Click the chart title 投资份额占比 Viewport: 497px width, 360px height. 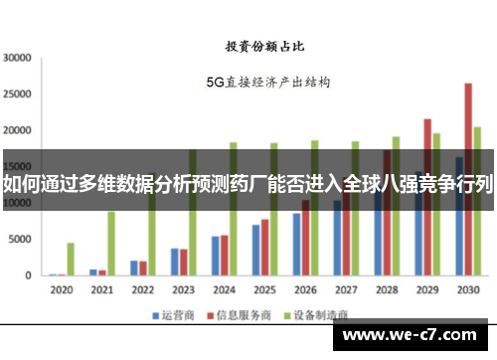(263, 46)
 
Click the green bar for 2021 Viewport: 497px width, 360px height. (111, 243)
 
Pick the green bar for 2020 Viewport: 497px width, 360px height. (71, 259)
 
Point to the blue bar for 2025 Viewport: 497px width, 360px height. (255, 250)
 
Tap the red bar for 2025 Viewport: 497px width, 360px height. (264, 247)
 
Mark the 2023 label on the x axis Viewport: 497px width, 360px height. (183, 290)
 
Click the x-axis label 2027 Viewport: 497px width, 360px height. (345, 290)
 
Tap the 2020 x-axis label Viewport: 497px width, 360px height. (62, 290)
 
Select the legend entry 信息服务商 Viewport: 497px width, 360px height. (243, 316)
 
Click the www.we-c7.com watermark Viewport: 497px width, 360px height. (416, 334)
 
